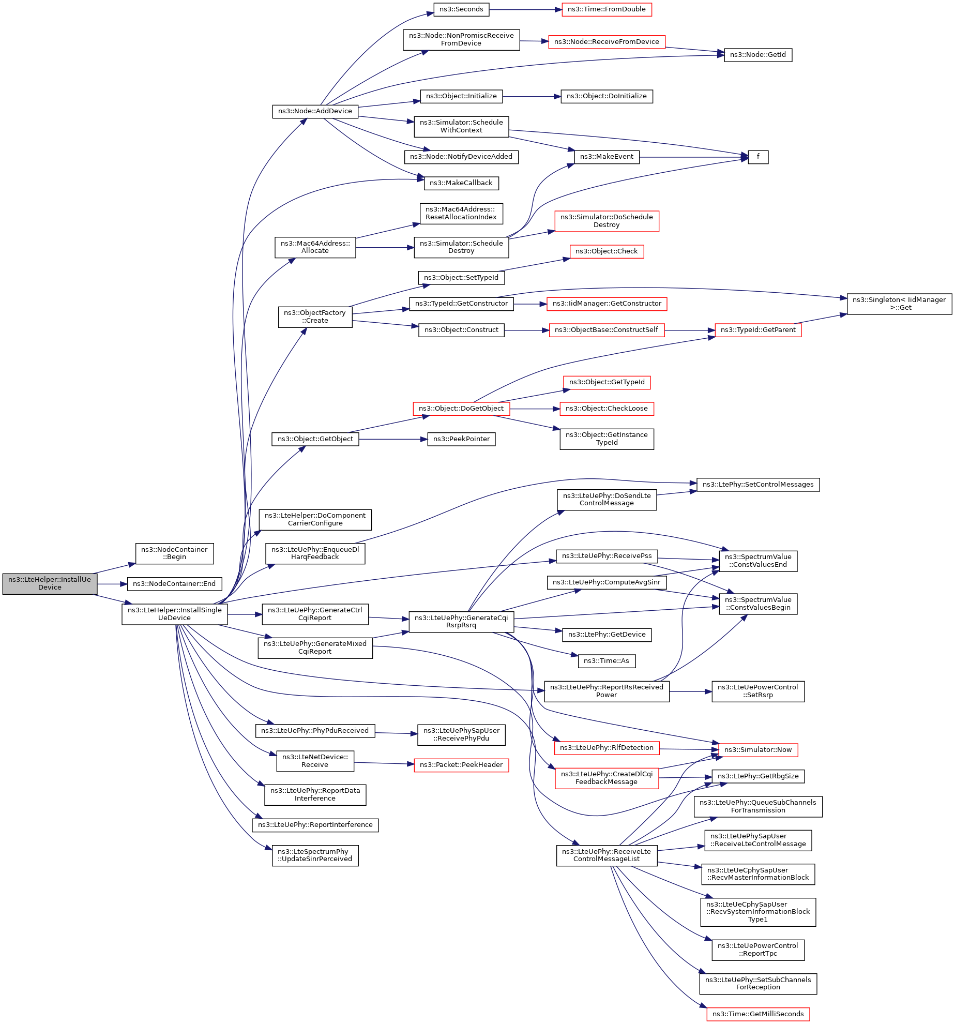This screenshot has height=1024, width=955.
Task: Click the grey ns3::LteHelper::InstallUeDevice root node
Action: click(50, 583)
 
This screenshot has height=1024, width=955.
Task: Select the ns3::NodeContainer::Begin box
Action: click(174, 553)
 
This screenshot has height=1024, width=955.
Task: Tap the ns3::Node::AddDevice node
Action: click(315, 111)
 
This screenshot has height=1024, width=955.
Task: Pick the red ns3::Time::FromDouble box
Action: click(607, 9)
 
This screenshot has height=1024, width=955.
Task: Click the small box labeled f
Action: click(758, 157)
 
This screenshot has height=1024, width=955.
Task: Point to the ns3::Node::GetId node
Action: click(757, 55)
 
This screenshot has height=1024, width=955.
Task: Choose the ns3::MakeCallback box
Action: click(461, 183)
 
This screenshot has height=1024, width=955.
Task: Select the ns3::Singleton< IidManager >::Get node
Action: click(899, 304)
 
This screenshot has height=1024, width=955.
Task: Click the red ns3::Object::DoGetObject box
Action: click(461, 409)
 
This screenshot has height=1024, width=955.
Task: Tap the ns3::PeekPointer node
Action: click(461, 439)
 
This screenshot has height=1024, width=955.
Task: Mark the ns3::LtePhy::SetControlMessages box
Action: click(757, 485)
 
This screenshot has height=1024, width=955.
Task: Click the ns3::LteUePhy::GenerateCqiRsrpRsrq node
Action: click(461, 621)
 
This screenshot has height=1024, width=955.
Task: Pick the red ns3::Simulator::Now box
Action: click(757, 750)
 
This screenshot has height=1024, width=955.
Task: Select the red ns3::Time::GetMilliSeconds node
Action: click(757, 1014)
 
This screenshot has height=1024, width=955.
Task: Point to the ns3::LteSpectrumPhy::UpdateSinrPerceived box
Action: click(315, 855)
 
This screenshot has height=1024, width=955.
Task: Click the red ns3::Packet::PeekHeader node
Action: click(461, 765)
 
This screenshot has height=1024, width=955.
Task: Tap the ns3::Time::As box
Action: click(607, 661)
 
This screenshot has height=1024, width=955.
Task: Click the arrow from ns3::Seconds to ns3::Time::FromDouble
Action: click(525, 10)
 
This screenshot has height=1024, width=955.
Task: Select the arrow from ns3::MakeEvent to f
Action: click(693, 157)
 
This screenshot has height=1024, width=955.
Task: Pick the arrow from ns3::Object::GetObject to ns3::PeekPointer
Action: click(393, 439)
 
